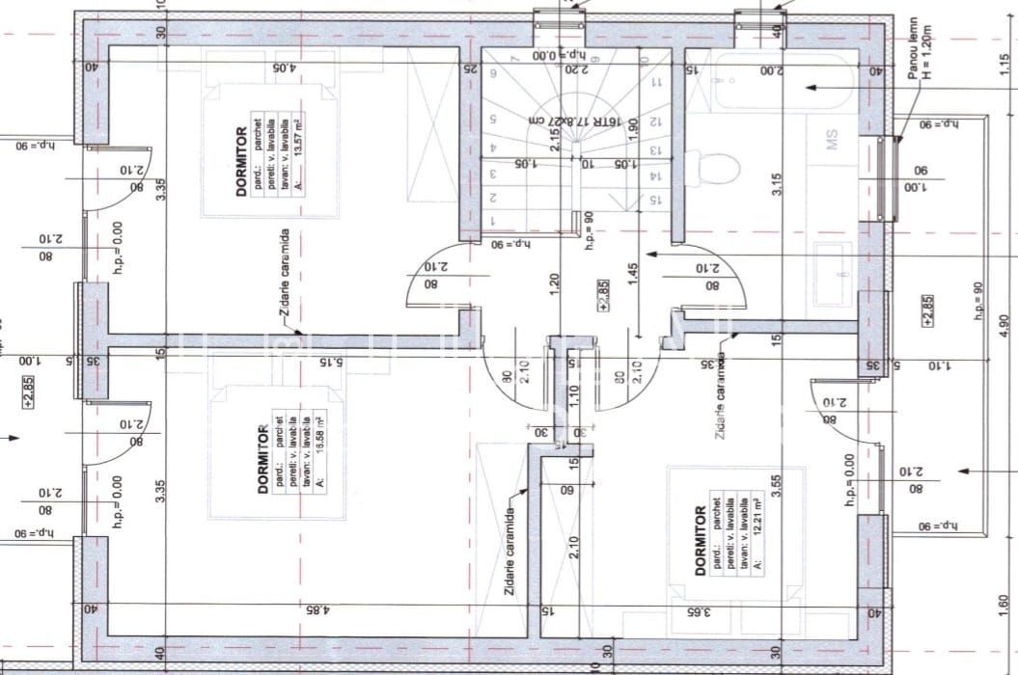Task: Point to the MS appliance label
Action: click(832, 141)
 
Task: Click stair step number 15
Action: click(655, 200)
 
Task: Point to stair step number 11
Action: click(656, 83)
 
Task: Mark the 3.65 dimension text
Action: click(698, 610)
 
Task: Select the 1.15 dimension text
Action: click(1004, 64)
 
